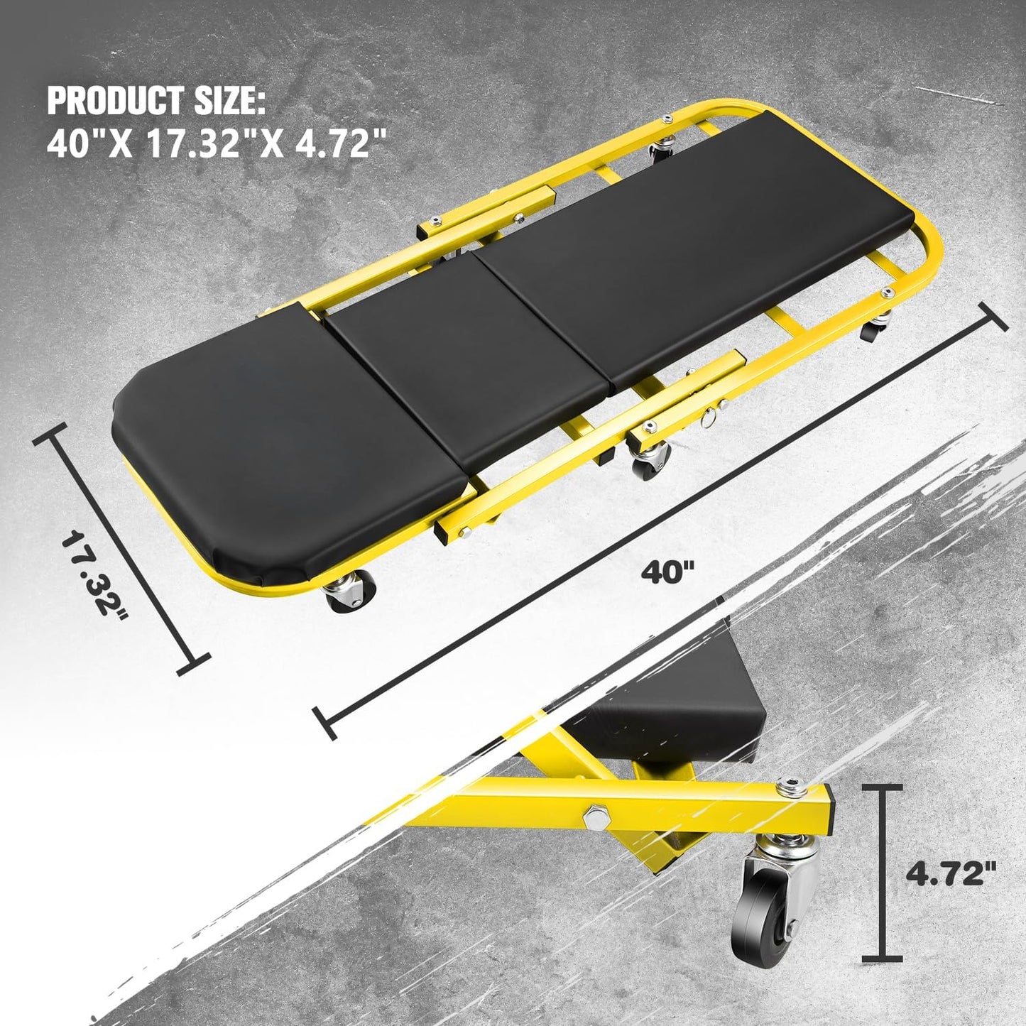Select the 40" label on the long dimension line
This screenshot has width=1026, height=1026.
pos(667,572)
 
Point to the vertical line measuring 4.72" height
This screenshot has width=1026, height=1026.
pos(883,873)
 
